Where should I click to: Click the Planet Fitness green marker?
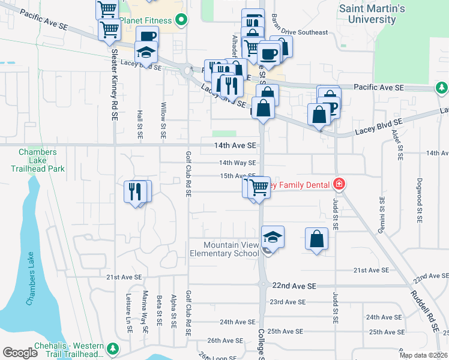tap(181, 20)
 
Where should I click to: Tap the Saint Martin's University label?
tap(372, 14)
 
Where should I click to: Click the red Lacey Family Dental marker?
tap(339, 183)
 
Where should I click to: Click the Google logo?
tap(20, 353)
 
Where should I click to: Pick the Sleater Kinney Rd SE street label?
tap(113, 84)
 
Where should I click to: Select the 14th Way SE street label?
tap(237, 163)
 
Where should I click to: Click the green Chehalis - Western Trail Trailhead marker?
tap(112, 349)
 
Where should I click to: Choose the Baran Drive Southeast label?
tap(300, 32)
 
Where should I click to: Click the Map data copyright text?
tap(423, 355)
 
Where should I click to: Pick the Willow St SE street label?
tap(163, 119)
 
